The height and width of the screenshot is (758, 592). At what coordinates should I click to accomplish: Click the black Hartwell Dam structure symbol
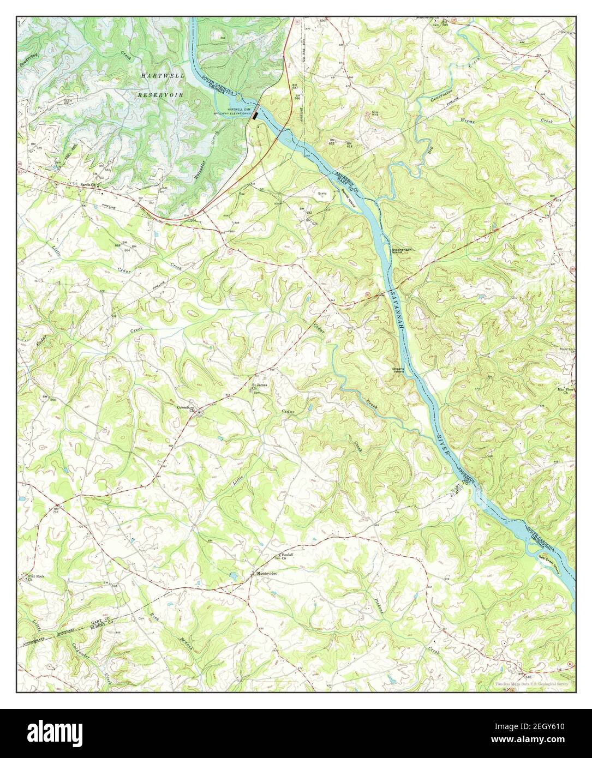pyautogui.click(x=255, y=115)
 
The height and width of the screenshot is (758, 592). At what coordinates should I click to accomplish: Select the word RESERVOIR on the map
pyautogui.click(x=159, y=94)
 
